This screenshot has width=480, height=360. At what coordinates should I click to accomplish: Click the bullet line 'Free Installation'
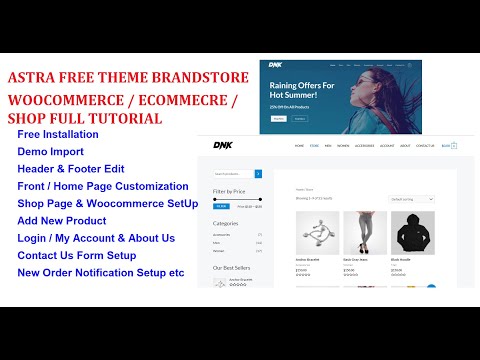[x=58, y=134]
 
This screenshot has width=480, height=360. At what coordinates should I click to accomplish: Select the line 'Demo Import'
[x=51, y=151]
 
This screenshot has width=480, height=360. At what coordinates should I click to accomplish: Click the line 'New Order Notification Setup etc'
[x=101, y=272]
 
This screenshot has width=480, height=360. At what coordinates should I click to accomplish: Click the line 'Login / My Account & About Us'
[x=96, y=238]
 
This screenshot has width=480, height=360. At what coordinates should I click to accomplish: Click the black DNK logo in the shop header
[x=222, y=146]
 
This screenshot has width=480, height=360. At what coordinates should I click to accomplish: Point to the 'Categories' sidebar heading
[x=225, y=223]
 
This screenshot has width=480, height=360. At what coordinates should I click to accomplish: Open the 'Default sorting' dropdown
[x=411, y=199]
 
